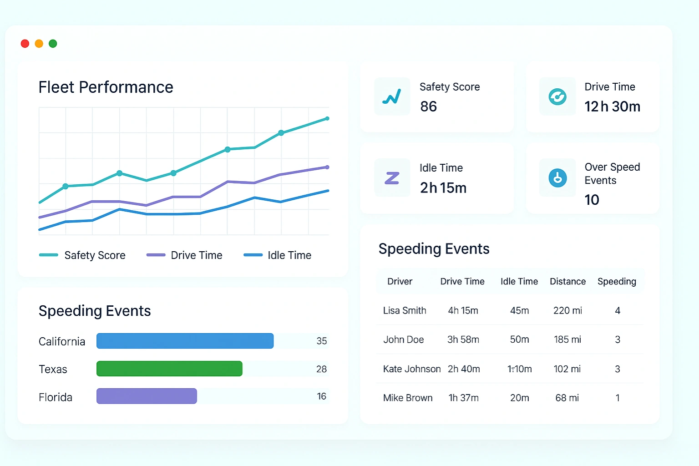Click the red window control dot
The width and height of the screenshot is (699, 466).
coord(25,44)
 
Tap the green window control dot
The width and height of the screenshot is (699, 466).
coord(53,44)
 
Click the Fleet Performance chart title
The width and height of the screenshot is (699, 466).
coord(106,87)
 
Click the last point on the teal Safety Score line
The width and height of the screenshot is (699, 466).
coord(327,119)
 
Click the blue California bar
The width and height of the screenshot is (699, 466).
coord(185,341)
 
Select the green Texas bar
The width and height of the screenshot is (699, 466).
coord(169,369)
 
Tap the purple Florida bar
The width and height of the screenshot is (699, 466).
coord(147,396)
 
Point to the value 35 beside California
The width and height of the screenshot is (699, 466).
coord(322,341)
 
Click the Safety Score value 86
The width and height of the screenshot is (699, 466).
coord(428,106)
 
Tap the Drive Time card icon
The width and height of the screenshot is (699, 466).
coord(557,96)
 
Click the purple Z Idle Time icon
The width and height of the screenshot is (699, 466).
coord(392,178)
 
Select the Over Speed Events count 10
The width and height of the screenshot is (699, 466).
coord(592,200)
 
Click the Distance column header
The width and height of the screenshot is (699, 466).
coord(567,281)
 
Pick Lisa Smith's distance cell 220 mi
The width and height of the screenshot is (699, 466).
coord(567,310)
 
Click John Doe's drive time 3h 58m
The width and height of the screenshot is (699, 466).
coord(463,339)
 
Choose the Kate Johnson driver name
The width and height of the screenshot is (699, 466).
coord(411,369)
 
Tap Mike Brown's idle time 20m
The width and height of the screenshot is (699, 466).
coord(519,398)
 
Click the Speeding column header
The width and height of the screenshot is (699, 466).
coord(617,281)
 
